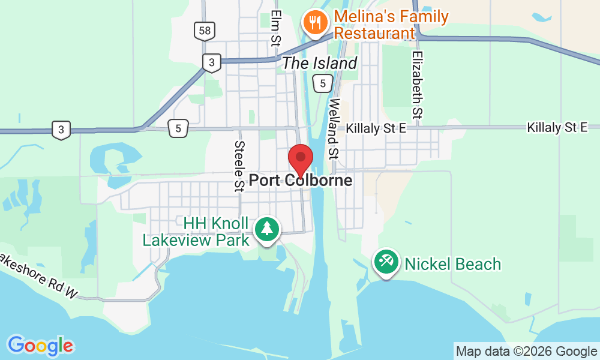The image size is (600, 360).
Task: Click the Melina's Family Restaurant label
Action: (x=391, y=24)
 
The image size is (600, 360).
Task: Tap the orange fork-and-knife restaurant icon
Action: (x=314, y=23)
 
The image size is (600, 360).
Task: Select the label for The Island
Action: (x=319, y=63)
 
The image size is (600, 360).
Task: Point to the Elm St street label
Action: (x=276, y=28)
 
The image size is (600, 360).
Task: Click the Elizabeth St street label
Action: (x=418, y=83)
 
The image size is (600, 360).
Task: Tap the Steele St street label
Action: (x=240, y=166)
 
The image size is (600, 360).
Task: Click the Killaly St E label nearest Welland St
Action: (x=377, y=127)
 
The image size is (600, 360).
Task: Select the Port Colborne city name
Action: (x=300, y=180)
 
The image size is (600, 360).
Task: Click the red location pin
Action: (x=301, y=159)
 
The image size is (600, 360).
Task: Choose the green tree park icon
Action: (x=266, y=229)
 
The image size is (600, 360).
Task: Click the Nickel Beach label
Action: (x=453, y=264)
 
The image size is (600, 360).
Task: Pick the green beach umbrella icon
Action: (x=385, y=262)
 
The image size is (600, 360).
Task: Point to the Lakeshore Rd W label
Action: (x=38, y=276)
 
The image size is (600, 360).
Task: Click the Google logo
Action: (x=40, y=346)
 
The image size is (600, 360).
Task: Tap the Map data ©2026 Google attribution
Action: (x=526, y=352)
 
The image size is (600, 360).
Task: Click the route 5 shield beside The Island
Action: (x=323, y=84)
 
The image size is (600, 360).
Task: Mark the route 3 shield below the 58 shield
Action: (x=211, y=62)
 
